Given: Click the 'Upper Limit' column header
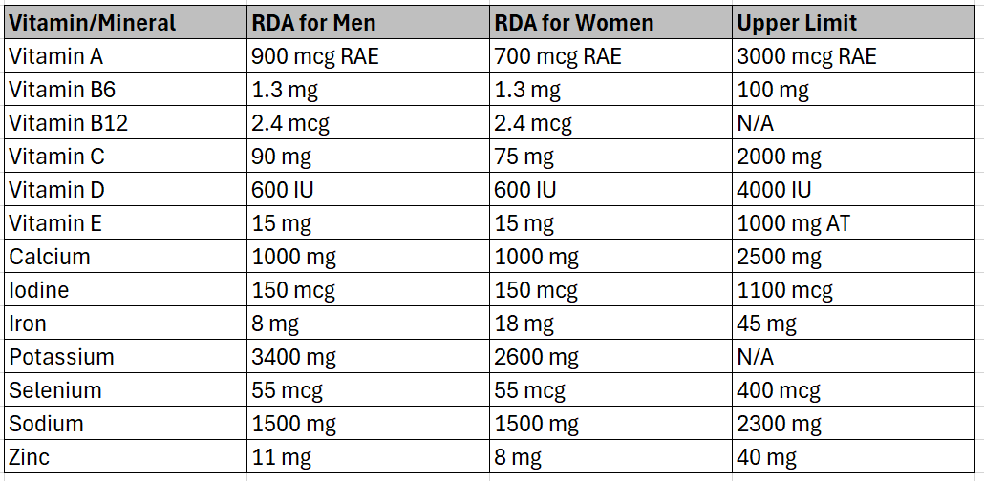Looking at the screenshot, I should [x=797, y=23].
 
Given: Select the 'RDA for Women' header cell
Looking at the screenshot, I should [x=573, y=23].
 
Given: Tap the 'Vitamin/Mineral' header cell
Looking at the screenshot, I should [x=93, y=23].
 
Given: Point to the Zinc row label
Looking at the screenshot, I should [x=30, y=457].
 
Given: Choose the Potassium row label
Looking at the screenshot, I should [x=61, y=357].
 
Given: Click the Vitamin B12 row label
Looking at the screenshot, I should [x=68, y=123].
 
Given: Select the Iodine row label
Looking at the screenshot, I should [x=39, y=290].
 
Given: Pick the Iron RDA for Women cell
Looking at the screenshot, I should [x=524, y=324].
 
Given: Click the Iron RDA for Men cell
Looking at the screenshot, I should [x=275, y=324].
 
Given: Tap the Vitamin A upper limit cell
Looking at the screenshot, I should [x=806, y=56].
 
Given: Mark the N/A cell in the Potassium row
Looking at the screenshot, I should [x=756, y=357].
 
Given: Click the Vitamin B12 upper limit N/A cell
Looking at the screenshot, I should [x=756, y=123].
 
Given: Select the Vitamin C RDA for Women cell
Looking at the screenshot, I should [x=524, y=157].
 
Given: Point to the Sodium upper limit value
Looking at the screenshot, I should [x=779, y=424].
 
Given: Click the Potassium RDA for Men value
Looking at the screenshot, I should [x=294, y=357].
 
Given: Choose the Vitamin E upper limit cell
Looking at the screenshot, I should [x=793, y=223].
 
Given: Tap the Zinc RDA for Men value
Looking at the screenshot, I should [x=281, y=457].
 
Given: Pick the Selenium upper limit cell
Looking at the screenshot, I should [x=779, y=390].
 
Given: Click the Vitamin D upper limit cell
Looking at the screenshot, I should [x=774, y=190].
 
